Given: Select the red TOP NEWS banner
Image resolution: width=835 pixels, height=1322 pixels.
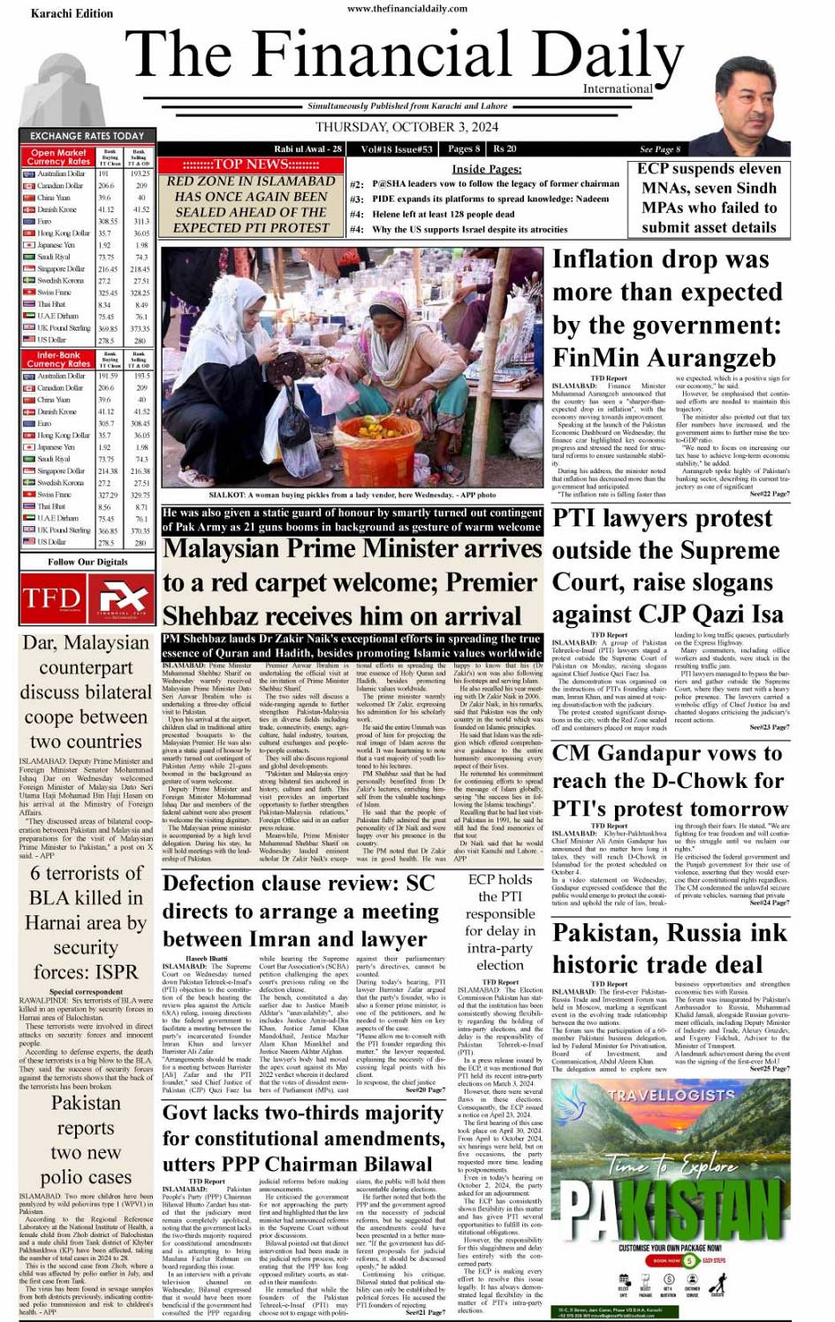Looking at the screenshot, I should click(x=251, y=164).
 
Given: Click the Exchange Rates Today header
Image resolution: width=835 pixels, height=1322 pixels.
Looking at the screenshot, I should click(x=87, y=135).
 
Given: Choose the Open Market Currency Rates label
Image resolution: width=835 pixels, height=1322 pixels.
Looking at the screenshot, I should click(x=58, y=157).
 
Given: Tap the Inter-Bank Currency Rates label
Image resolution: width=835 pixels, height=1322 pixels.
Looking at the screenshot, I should click(x=58, y=359).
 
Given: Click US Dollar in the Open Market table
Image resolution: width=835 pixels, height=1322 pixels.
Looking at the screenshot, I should click(x=52, y=340).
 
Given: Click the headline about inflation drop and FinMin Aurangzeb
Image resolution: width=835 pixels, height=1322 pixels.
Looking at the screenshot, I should click(x=666, y=308).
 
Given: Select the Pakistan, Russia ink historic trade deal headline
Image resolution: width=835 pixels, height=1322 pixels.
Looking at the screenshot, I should click(x=669, y=948).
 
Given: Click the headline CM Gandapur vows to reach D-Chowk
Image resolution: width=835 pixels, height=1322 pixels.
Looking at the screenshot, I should click(x=669, y=781).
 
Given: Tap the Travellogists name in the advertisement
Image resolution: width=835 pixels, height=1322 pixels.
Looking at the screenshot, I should click(x=671, y=1094).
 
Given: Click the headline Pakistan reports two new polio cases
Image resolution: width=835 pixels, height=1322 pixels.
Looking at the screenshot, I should click(x=85, y=1140).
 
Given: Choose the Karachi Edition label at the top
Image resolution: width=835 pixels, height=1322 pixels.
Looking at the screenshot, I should click(x=72, y=13).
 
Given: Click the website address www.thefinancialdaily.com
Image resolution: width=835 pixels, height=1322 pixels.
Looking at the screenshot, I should click(x=407, y=8).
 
